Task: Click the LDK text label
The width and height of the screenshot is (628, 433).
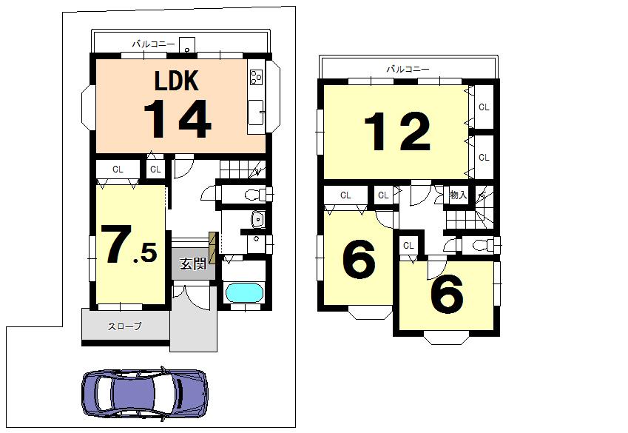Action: click(177, 80)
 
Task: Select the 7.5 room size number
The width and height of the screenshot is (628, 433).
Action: click(129, 246)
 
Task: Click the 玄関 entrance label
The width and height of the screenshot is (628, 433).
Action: click(193, 264)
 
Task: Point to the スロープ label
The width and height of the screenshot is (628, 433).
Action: click(124, 326)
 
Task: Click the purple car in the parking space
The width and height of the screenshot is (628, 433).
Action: click(144, 393)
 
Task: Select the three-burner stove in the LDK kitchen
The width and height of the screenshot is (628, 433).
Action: click(256, 77)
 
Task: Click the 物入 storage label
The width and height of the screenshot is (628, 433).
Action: click(459, 195)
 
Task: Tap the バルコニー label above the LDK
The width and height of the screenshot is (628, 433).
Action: click(153, 44)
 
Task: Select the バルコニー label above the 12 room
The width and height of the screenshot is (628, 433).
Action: click(408, 69)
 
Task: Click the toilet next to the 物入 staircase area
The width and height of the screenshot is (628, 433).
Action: click(482, 245)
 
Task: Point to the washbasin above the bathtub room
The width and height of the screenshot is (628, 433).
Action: click(257, 219)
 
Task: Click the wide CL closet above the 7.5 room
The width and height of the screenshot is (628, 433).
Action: click(118, 169)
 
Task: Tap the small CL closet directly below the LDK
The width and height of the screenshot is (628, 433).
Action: click(155, 169)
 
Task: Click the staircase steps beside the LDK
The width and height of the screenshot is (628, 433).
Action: click(240, 169)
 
